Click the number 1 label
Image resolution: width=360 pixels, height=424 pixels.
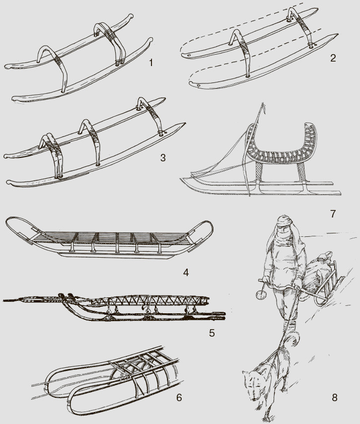pos(151,63)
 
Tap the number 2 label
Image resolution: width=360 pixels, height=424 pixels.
pos(333,58)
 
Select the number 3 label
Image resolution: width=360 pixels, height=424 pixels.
pos(162,158)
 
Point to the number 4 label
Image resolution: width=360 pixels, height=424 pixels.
pos(186,272)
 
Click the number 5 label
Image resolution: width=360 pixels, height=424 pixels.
pos(212,333)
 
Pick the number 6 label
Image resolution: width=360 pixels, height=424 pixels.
pos(179,398)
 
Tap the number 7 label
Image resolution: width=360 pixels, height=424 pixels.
pos(333,213)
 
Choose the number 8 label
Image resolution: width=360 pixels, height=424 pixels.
pos(335,398)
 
